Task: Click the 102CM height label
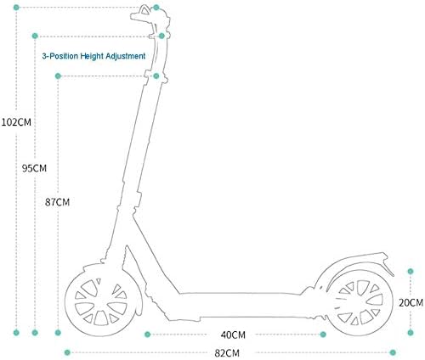tap(16, 122)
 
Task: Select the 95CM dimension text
tap(34, 168)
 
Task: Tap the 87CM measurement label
tap(57, 202)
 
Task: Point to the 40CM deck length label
tap(233, 335)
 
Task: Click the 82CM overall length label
tap(227, 353)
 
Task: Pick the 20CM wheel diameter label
tap(411, 302)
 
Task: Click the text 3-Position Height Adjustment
tap(93, 56)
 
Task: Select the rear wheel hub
tap(360, 302)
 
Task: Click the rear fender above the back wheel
tap(354, 262)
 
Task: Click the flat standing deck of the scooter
tap(241, 305)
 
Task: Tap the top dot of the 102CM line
tap(16, 8)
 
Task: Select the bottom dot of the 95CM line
tap(35, 333)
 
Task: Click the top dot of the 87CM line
tap(58, 76)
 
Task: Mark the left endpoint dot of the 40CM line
tap(147, 335)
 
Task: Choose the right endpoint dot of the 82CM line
tap(393, 352)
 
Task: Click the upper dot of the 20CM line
tap(411, 272)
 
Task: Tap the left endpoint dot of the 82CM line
tap(67, 352)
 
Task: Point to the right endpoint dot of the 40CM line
tap(323, 335)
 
